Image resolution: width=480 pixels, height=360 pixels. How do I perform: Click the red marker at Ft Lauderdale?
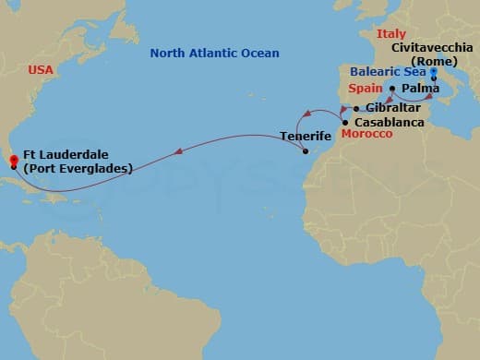click(13, 159)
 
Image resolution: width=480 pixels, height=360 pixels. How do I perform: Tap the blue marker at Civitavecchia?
click(433, 71)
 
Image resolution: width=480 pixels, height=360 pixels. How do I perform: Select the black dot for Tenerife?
click(305, 151)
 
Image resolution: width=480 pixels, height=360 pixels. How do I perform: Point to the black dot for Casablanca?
click(345, 122)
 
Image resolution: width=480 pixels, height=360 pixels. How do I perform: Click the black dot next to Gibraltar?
click(356, 108)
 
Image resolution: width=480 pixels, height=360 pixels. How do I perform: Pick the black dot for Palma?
click(392, 89)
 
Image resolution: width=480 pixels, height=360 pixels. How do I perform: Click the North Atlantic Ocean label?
click(215, 54)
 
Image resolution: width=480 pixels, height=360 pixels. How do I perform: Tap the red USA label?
click(41, 69)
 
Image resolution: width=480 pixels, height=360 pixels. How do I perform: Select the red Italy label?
click(390, 34)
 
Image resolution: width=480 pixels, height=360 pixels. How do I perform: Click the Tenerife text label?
click(306, 138)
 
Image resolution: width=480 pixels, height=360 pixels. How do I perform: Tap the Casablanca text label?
click(389, 122)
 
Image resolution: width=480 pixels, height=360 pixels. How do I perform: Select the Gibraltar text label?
click(393, 108)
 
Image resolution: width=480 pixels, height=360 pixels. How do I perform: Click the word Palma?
click(421, 89)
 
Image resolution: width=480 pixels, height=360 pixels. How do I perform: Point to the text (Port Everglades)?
click(78, 168)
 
